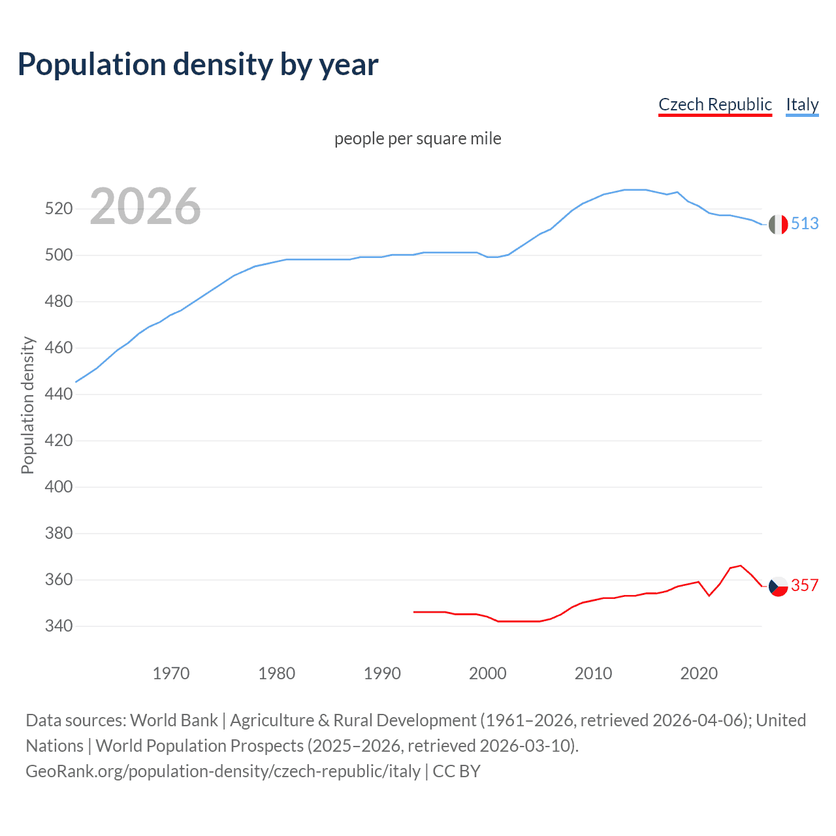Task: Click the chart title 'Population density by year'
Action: tap(198, 64)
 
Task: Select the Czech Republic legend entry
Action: tap(715, 104)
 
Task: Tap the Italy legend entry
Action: tap(802, 104)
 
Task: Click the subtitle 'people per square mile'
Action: tap(417, 138)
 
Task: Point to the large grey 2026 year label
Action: tap(145, 206)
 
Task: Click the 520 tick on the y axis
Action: tap(58, 209)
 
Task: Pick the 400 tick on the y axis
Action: tap(58, 487)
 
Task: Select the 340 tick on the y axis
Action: tap(58, 626)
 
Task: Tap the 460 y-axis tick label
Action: tap(58, 347)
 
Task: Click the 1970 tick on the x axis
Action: tap(171, 673)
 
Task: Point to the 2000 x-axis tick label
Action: tap(487, 673)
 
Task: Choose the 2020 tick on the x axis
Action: tap(699, 673)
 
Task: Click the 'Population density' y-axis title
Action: tap(27, 405)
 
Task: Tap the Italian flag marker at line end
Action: tap(778, 224)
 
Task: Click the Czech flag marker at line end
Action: tap(778, 587)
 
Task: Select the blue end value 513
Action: tap(805, 223)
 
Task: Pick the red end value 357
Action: tap(805, 585)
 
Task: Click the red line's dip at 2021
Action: tap(709, 595)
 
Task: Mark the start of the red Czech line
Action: tap(414, 612)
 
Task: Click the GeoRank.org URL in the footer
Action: tap(223, 771)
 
